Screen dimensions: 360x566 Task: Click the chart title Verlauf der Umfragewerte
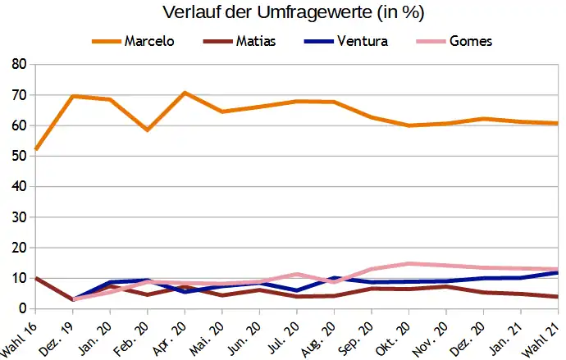pyautogui.click(x=282, y=13)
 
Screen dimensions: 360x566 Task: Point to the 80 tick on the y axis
pyautogui.click(x=19, y=64)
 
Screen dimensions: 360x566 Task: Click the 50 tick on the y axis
pyautogui.click(x=19, y=156)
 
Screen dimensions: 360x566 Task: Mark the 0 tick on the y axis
pyautogui.click(x=23, y=309)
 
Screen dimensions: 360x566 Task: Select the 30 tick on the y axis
pyautogui.click(x=19, y=217)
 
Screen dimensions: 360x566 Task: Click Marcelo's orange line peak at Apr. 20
pyautogui.click(x=185, y=93)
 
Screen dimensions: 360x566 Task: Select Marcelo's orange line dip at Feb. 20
pyautogui.click(x=147, y=130)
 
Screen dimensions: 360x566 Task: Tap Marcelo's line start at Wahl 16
pyautogui.click(x=35, y=150)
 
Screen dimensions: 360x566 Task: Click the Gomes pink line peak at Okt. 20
pyautogui.click(x=409, y=263)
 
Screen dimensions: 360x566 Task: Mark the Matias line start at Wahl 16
pyautogui.click(x=35, y=278)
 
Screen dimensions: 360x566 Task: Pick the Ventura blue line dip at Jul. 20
pyautogui.click(x=297, y=290)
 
